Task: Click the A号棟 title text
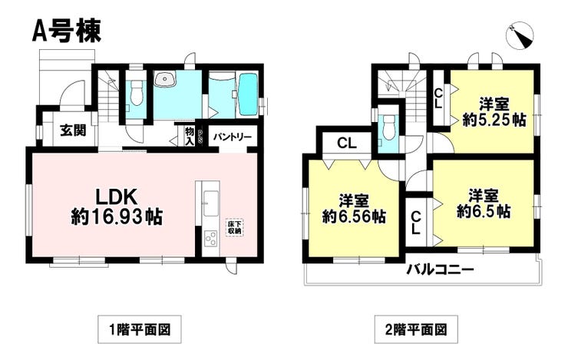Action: pos(66,31)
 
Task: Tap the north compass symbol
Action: pos(520,36)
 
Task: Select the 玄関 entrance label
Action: pos(74,130)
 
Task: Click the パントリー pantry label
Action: pos(232,137)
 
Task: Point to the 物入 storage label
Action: pos(190,135)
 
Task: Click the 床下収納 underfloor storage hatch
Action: pos(235,227)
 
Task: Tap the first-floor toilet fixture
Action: pos(136,92)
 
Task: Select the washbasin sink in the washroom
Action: pos(165,78)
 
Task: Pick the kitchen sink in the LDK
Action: pos(210,203)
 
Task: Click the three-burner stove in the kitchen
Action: pos(210,239)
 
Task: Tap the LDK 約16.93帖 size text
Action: pos(116,207)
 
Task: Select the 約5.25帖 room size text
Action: pos(494,121)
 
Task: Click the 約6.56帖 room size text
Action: pos(354,216)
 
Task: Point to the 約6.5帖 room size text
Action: pos(484,211)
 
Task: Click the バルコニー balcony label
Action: pos(440,269)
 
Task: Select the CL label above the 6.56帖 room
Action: pos(347,144)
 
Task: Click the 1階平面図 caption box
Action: pos(140,329)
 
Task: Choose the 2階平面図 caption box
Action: pos(416,329)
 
